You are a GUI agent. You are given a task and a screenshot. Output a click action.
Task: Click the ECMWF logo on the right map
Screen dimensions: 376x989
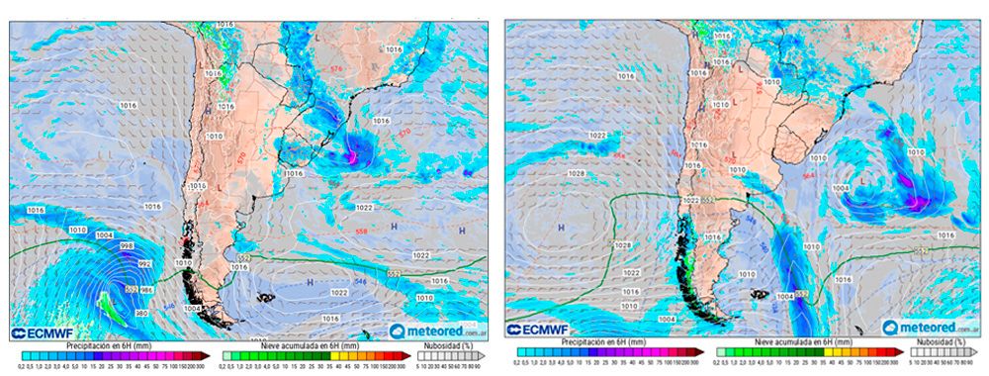click(539, 329)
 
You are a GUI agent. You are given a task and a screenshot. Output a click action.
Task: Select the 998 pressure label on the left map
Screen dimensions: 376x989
click(127, 245)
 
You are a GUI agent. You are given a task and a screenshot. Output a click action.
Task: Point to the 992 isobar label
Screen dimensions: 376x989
click(144, 264)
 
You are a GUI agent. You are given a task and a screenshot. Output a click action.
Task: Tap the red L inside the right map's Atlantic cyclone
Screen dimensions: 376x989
click(863, 181)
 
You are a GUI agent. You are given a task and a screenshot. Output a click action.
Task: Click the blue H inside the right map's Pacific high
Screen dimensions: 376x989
click(561, 228)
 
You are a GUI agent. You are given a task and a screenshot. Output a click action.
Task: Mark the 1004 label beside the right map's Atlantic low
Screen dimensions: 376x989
click(841, 187)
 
